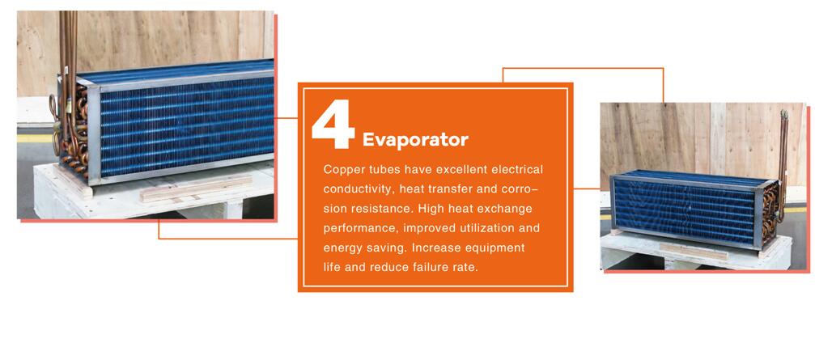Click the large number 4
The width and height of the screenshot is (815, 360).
click(333, 125)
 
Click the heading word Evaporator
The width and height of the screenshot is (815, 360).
click(415, 140)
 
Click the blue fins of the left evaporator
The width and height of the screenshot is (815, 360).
click(186, 127)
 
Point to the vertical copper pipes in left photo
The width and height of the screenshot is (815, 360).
click(68, 52)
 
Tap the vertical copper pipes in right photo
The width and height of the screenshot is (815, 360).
click(783, 156)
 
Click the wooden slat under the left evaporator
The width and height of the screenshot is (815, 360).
click(196, 188)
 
